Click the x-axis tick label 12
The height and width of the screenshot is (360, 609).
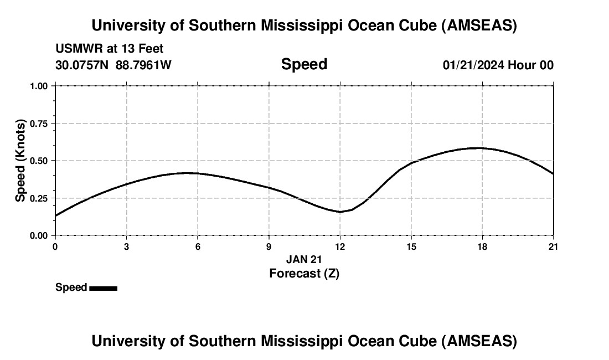coord(340,246)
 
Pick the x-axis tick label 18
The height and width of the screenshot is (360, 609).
coord(482,246)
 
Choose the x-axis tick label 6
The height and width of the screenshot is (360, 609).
coord(198,246)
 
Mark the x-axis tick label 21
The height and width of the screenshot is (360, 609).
coord(553,246)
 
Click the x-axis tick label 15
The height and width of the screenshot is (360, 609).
coord(411,246)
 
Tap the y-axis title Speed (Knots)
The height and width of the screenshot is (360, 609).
coord(20,161)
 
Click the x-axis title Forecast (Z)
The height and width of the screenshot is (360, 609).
coord(304,273)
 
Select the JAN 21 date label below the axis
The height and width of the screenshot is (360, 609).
coord(304,259)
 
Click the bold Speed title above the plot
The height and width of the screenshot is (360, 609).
coord(304,64)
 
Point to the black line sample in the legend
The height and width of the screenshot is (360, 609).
coord(103,288)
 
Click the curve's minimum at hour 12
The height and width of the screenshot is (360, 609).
coord(340,212)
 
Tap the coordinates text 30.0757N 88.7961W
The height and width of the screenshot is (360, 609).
coord(113,65)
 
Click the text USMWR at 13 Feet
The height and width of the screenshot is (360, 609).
coord(110,49)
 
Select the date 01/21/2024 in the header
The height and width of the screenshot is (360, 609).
coord(473,65)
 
